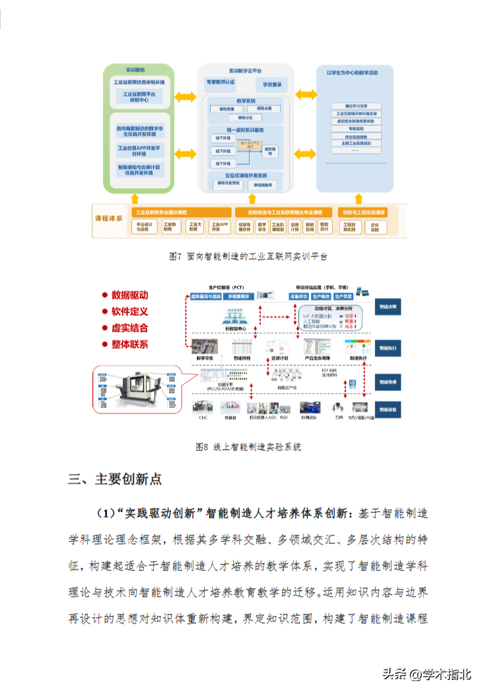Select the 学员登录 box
(x=272, y=84)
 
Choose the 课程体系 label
(x=110, y=217)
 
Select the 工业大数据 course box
(x=193, y=227)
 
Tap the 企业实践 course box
(x=375, y=227)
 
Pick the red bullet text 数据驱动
(x=129, y=295)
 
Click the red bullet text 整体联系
(x=129, y=344)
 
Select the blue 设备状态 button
(x=306, y=297)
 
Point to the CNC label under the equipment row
(x=203, y=418)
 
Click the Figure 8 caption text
(x=248, y=446)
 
